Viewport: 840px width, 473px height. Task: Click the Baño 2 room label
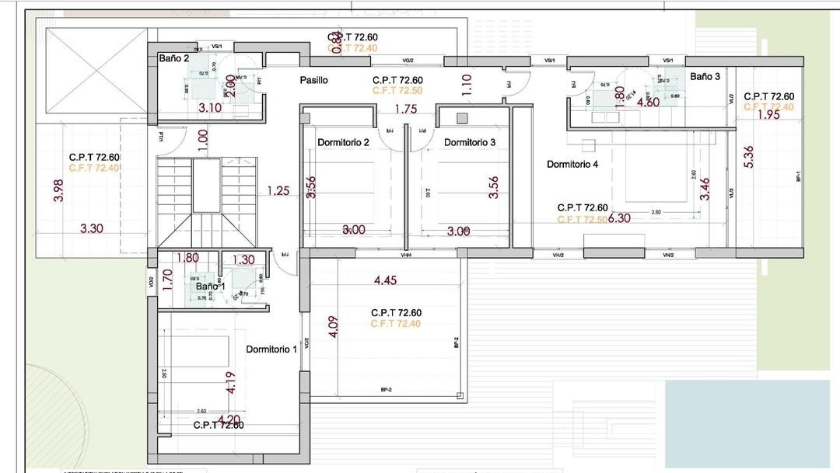174,58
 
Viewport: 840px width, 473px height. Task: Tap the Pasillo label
314,80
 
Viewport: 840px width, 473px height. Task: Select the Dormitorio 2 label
343,142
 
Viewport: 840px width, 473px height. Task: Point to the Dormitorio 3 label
470,142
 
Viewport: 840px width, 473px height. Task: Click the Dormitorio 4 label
572,164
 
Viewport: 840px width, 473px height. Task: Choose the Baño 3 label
705,76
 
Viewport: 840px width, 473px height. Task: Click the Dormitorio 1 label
271,350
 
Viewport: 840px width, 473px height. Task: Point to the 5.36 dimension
749,157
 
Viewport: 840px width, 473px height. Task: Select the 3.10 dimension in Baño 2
210,108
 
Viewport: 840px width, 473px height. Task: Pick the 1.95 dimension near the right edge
768,115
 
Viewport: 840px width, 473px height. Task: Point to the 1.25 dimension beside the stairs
278,190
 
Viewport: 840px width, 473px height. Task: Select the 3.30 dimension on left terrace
93,229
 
